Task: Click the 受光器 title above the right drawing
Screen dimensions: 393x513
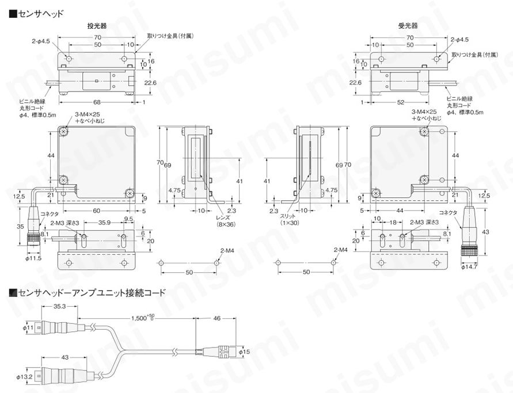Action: (x=408, y=26)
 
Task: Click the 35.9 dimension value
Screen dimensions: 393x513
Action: (x=104, y=222)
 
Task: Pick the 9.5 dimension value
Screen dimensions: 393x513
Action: (x=128, y=219)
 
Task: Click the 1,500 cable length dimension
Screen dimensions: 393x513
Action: (x=142, y=317)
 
